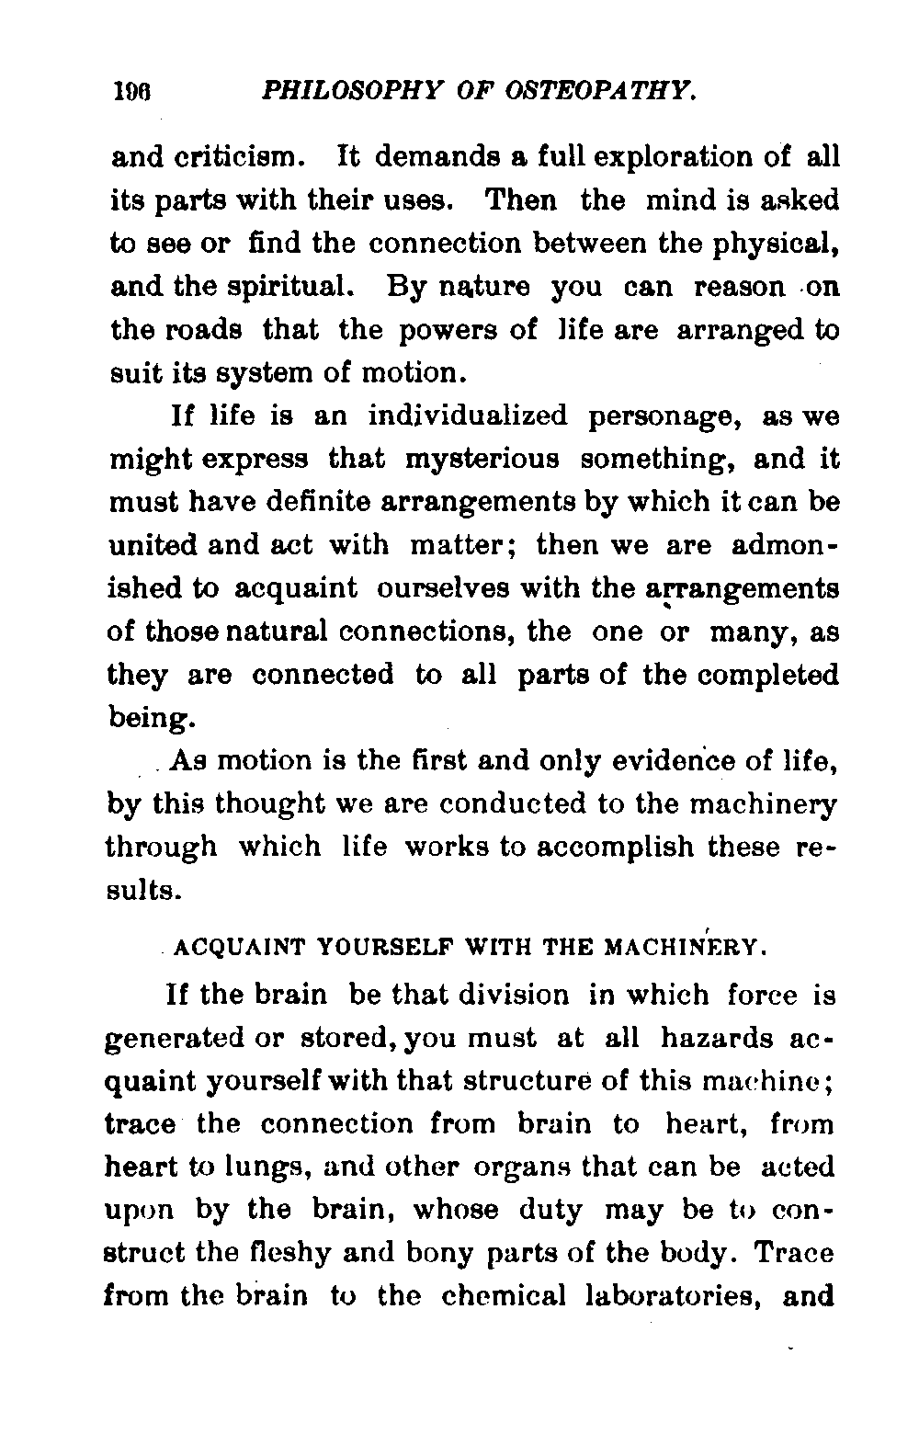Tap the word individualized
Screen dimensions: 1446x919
coord(468,416)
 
